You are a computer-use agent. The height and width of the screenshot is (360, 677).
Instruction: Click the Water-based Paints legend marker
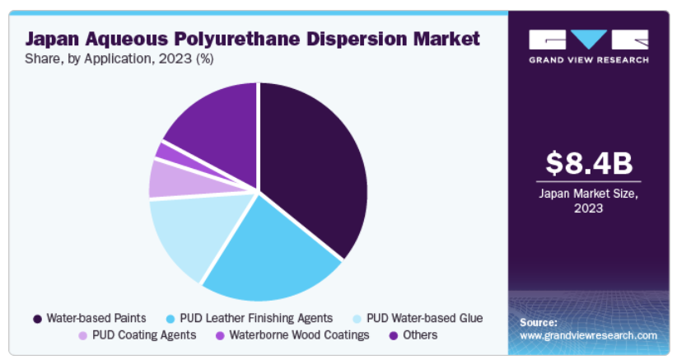click(37, 318)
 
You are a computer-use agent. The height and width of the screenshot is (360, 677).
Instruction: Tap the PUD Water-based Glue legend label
click(424, 318)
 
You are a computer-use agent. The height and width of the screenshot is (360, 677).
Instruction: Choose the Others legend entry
click(420, 335)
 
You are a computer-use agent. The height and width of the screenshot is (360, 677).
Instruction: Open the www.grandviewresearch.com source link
click(588, 335)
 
